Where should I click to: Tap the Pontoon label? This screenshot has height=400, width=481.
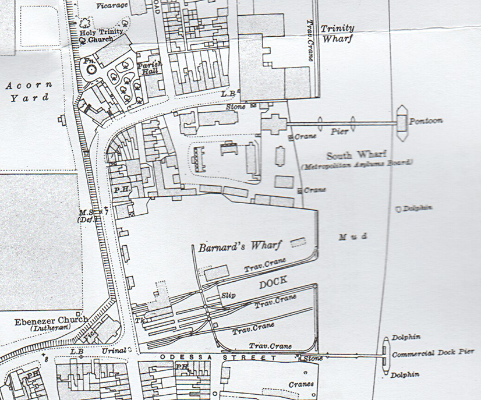[x=426, y=121]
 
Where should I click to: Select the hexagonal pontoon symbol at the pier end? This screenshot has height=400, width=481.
[x=402, y=123]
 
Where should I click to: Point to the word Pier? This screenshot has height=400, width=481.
[x=340, y=132]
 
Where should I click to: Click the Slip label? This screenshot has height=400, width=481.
[x=228, y=296]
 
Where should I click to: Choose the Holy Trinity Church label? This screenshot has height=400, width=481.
[x=101, y=36]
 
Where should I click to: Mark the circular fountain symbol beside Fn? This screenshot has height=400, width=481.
[x=91, y=69]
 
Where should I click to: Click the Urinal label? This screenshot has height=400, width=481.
[x=115, y=350]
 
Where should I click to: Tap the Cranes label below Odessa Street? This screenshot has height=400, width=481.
[x=301, y=384]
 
